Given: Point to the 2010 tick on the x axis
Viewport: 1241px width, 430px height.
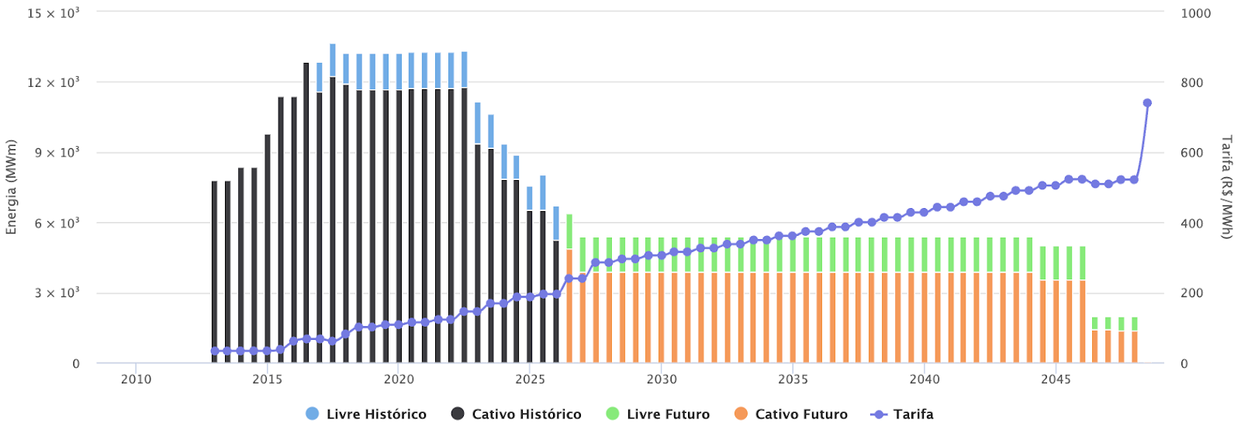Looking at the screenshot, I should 136,379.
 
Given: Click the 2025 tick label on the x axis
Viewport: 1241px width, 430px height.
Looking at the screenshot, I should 530,379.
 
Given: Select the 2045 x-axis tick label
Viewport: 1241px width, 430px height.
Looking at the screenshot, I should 1056,379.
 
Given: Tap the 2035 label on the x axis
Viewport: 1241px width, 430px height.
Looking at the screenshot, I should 793,379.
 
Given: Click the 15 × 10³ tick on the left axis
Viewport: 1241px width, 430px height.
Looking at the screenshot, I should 54,13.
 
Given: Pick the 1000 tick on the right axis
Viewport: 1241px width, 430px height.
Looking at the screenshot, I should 1195,13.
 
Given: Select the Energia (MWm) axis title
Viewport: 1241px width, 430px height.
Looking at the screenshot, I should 11,186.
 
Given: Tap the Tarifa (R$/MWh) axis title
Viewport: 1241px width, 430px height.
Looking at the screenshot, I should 1226,186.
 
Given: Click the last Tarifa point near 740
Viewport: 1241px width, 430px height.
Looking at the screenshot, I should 1147,102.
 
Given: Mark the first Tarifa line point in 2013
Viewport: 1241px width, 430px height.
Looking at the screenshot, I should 215,351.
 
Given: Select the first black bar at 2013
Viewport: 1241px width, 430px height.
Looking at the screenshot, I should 215,272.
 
